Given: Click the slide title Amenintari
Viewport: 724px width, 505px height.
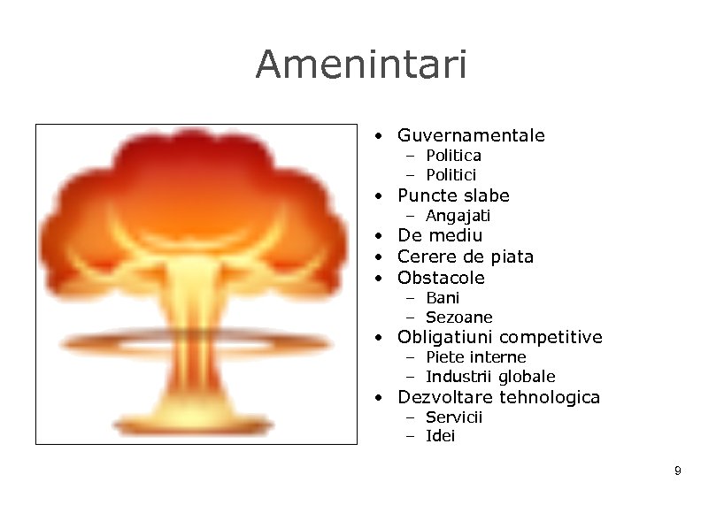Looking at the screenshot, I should pyautogui.click(x=361, y=65).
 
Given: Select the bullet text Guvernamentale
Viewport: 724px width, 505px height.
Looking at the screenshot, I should pyautogui.click(x=471, y=135).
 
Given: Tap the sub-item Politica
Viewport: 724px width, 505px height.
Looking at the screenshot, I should pyautogui.click(x=453, y=156).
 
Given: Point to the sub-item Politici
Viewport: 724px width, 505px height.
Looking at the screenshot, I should pyautogui.click(x=451, y=175).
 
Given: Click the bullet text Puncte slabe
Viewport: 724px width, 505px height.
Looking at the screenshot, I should pyautogui.click(x=453, y=195).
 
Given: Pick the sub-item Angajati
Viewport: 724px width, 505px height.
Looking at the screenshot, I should pyautogui.click(x=458, y=216).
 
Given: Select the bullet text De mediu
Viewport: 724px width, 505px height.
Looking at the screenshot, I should pyautogui.click(x=440, y=235).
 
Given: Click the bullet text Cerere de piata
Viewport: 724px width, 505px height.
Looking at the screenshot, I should pyautogui.click(x=466, y=256).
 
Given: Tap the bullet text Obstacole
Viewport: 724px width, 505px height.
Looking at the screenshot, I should pyautogui.click(x=441, y=278).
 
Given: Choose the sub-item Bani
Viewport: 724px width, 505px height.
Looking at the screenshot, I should pyautogui.click(x=443, y=298).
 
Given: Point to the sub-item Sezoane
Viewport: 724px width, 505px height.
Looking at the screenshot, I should pyautogui.click(x=458, y=318).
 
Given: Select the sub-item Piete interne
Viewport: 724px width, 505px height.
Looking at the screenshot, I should pyautogui.click(x=475, y=357).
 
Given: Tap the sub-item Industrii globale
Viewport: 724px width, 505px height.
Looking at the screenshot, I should pyautogui.click(x=490, y=377).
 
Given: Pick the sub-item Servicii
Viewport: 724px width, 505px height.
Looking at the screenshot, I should pyautogui.click(x=454, y=417).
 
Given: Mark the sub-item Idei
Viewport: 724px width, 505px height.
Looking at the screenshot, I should pyautogui.click(x=440, y=436).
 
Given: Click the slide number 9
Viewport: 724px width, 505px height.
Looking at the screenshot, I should pyautogui.click(x=677, y=471).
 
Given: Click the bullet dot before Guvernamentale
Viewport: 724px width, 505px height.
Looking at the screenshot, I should pyautogui.click(x=378, y=136).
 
